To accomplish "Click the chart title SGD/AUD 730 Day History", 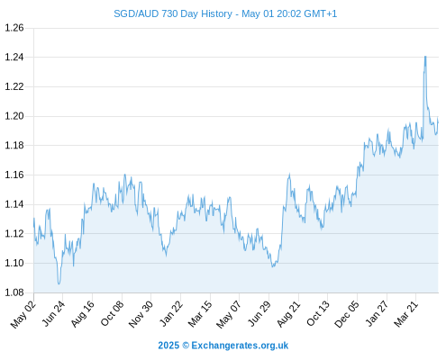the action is point(173,13).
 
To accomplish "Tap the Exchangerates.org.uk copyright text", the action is point(240,346).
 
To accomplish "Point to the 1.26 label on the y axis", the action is point(14,28).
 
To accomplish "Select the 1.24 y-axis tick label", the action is point(14,57).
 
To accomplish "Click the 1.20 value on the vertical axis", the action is point(14,116).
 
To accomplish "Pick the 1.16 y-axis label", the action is point(14,175).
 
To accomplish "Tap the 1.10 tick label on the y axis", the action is point(14,263).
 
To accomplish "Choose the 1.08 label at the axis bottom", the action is point(14,292).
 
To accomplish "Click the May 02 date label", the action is point(23,315).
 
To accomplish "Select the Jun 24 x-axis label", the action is point(53,314).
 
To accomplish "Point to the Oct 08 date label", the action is point(112,314).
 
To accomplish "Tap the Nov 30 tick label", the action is point(141,314).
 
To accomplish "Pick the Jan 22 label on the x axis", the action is point(171,314).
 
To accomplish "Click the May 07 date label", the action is point(229,315).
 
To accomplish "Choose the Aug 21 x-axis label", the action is point(288,314).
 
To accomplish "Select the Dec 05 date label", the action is point(347,314).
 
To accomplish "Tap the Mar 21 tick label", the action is point(405,314).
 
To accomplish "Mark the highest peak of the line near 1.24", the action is point(425,57).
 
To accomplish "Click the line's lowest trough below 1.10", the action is point(59,283).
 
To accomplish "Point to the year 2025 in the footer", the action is point(168,346).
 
